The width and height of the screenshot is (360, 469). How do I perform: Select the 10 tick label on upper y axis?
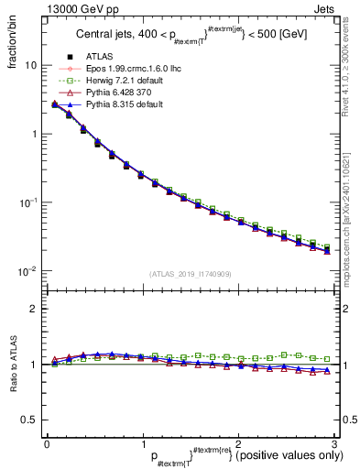(31, 66)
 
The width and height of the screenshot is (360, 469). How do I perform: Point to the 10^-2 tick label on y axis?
(27, 271)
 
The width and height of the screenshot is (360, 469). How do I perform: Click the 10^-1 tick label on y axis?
(27, 202)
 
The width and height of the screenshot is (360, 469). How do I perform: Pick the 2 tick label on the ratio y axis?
(34, 309)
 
